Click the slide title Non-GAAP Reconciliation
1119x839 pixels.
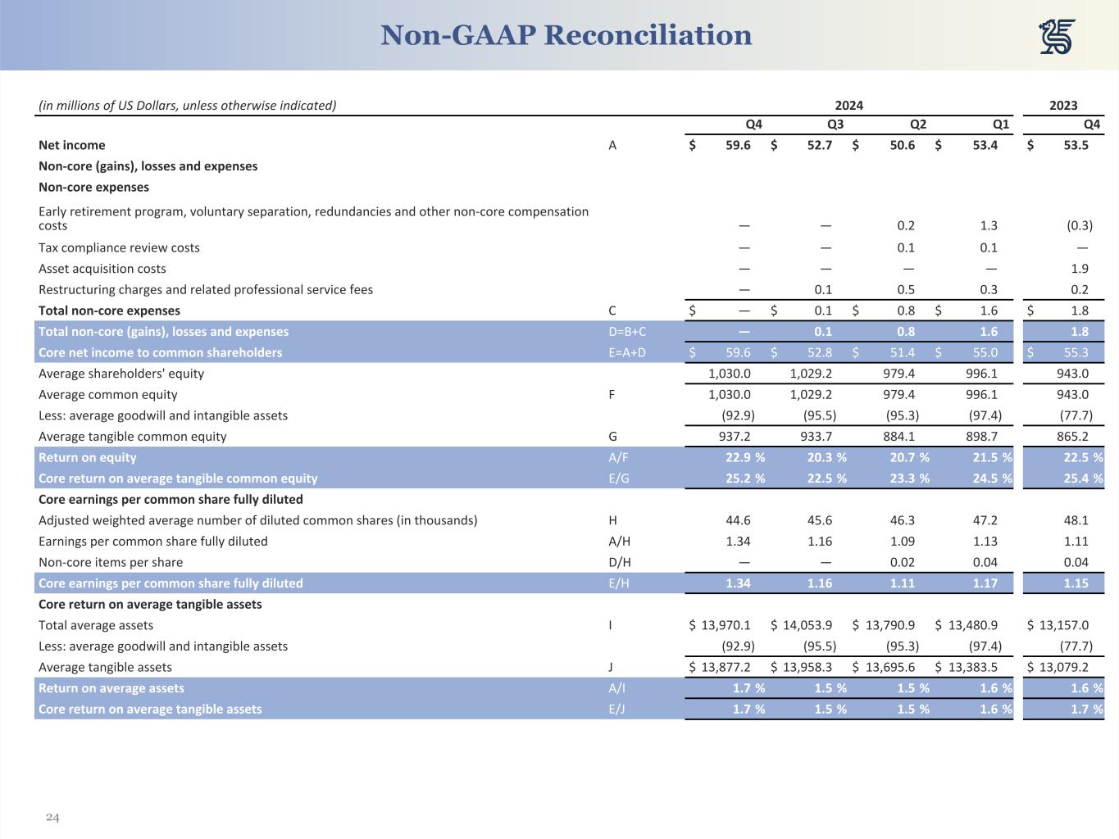[566, 35]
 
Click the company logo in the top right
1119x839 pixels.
[1058, 37]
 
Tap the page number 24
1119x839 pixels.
[52, 818]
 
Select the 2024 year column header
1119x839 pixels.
[848, 105]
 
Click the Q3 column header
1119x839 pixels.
[835, 125]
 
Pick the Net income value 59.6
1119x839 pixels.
[738, 145]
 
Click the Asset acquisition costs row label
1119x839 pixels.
[102, 269]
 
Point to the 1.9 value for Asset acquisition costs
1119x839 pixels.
[1079, 269]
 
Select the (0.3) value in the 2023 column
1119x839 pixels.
[1079, 225]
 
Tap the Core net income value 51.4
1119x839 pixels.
[902, 353]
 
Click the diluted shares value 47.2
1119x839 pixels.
[984, 520]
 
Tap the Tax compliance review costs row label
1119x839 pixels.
[119, 247]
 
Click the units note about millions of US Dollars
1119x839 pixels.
[188, 105]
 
